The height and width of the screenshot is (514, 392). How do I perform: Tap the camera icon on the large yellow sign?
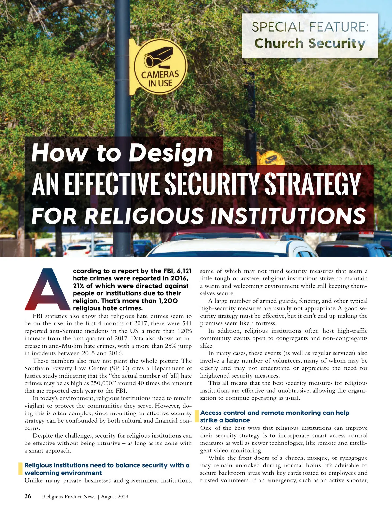coord(159,56)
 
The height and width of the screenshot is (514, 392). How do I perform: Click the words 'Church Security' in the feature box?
coord(310,43)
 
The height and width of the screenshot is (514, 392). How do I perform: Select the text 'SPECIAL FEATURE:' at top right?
coord(310,27)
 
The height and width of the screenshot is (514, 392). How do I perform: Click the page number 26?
coord(28,496)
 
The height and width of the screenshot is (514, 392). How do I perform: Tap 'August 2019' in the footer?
coord(114,497)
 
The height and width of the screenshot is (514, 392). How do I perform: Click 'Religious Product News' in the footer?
coord(69,497)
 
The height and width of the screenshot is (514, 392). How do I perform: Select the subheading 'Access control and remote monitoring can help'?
coord(274,413)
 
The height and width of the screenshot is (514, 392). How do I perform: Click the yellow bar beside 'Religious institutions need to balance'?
coord(20,469)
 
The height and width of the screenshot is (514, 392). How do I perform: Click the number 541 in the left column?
coord(187,323)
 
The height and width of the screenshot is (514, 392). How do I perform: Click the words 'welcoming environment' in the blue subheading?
coord(63,473)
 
